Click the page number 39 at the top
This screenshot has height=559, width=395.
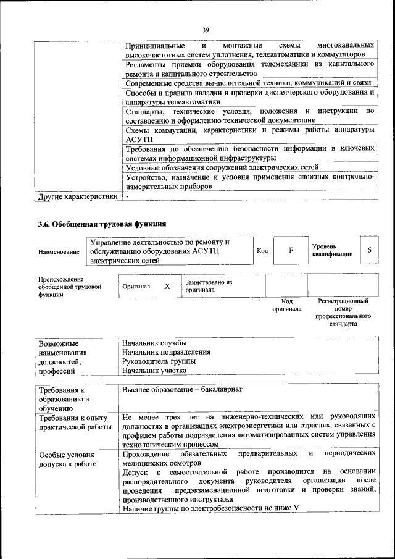(206, 28)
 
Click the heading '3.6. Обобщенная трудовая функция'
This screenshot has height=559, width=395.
(102, 224)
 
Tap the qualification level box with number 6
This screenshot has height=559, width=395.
(369, 250)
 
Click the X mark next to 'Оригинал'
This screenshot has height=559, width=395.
(167, 286)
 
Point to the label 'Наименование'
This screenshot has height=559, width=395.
(59, 252)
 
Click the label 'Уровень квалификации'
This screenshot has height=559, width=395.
(332, 250)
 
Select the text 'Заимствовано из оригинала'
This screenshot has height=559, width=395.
(208, 285)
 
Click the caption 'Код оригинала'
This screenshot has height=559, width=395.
(287, 305)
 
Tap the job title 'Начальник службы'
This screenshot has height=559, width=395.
(154, 343)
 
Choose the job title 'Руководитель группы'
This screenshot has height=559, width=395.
(159, 361)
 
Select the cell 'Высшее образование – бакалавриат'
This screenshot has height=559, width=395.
(183, 390)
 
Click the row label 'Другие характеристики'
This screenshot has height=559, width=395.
(77, 197)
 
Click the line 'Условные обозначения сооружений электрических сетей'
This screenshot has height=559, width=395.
(222, 167)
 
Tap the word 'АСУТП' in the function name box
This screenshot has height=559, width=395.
(202, 251)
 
